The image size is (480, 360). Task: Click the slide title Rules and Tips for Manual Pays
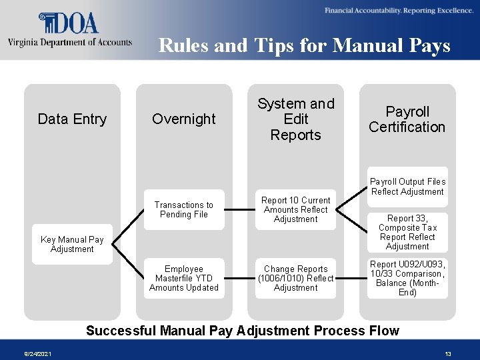coord(305,45)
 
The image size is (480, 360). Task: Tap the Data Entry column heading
coord(72,119)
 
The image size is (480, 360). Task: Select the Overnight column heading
coord(184,119)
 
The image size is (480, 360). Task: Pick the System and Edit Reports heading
coord(296,119)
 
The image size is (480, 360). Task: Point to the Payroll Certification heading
coord(407,119)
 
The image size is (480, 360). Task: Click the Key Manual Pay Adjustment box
coord(72,244)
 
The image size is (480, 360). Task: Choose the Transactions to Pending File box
coord(184,210)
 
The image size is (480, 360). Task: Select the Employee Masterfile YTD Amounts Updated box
coord(184,278)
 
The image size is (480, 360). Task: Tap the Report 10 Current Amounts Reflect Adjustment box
coord(296,210)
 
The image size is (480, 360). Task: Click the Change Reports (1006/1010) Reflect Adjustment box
coord(296,278)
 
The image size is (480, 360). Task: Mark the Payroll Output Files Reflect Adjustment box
coord(407,187)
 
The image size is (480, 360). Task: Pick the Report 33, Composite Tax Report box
coord(407,232)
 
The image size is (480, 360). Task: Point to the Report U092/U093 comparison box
coord(407,278)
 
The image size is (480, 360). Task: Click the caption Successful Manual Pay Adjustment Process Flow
coord(243,331)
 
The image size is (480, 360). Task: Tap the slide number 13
coord(448,354)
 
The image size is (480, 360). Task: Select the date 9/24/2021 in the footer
coord(37,354)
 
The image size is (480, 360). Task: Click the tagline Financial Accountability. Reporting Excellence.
coord(399,11)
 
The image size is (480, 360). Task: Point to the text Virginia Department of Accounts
coord(70,43)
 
